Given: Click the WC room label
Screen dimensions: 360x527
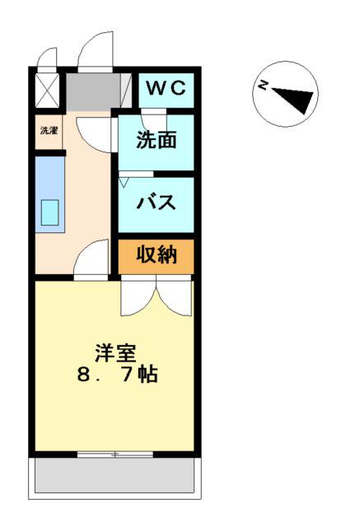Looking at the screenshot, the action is [x=166, y=88].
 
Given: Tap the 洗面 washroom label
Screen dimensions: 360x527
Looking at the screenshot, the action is [x=157, y=139].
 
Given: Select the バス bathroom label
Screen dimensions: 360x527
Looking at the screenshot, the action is [x=157, y=202].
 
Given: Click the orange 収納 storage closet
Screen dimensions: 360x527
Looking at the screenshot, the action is [x=156, y=256].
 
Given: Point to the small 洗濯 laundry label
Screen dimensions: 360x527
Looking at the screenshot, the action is [x=49, y=130].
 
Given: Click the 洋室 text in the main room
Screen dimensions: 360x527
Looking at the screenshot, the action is [x=116, y=353].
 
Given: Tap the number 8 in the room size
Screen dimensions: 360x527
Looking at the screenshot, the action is [x=83, y=375].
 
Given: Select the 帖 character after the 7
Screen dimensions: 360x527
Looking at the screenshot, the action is [x=148, y=374].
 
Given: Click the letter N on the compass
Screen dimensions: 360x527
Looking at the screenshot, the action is [x=263, y=85].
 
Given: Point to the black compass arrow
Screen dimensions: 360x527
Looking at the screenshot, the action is [x=294, y=99].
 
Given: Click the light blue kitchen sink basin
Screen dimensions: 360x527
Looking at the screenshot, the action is [x=49, y=212].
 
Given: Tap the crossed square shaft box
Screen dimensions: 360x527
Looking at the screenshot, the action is [x=47, y=91].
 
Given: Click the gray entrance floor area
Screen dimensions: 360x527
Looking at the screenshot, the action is [x=93, y=91].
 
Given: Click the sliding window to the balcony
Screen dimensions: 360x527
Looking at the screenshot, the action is [x=115, y=455].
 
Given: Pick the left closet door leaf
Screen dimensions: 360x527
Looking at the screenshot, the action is [x=138, y=296].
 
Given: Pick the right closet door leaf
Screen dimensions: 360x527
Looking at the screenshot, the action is [x=174, y=296].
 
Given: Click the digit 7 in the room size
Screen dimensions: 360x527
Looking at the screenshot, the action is [x=128, y=375].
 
